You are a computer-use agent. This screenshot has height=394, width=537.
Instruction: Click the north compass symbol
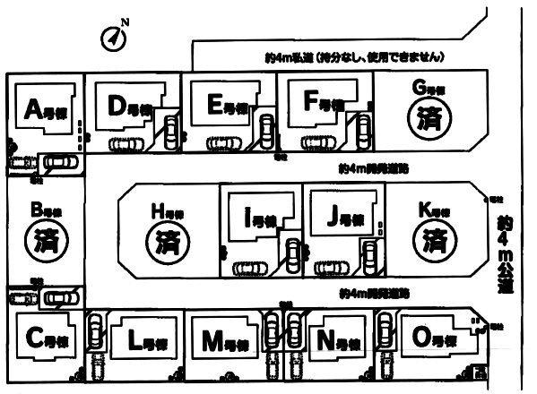point(112,38)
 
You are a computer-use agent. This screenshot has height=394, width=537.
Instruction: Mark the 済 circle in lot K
point(434,239)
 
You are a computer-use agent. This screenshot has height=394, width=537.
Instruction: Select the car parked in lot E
point(221,143)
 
